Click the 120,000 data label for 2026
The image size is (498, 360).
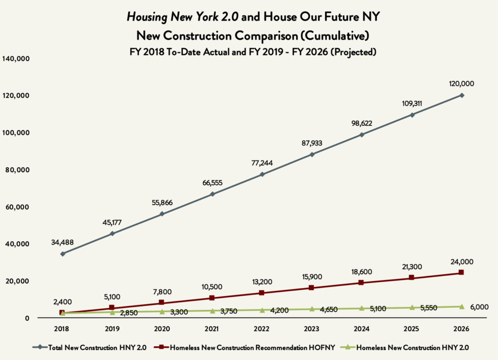tap(462, 84)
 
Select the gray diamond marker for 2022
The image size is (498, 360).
tap(262, 174)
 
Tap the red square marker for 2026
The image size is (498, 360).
tap(461, 272)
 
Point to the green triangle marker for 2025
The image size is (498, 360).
tap(411, 307)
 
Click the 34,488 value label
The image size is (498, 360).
tap(62, 242)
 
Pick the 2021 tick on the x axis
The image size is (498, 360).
tap(212, 328)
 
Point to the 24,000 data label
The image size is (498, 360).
tap(462, 262)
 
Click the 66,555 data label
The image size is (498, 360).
tap(212, 182)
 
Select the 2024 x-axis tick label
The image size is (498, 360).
tap(361, 328)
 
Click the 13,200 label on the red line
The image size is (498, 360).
tap(262, 282)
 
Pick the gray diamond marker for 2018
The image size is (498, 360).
tap(62, 253)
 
